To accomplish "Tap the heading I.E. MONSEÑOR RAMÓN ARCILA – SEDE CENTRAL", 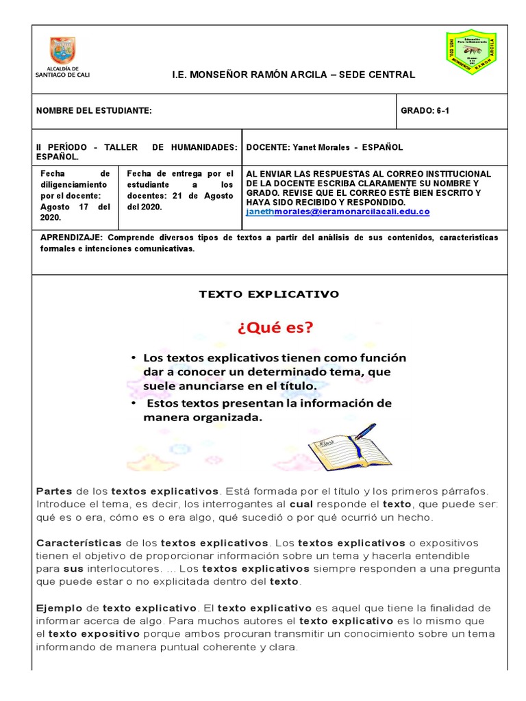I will click(293, 75).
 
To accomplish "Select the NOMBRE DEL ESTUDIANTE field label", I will click(94, 111).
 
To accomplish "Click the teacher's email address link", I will click(338, 212).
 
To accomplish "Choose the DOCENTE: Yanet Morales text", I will click(324, 147).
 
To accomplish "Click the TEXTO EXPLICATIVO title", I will click(269, 294).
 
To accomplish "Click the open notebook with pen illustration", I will click(349, 445).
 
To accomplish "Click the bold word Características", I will click(79, 543).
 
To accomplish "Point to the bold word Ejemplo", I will click(58, 608).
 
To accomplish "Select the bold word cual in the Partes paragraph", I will click(301, 504).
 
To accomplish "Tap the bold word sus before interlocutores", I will click(73, 569).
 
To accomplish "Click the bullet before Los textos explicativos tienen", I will click(132, 358).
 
